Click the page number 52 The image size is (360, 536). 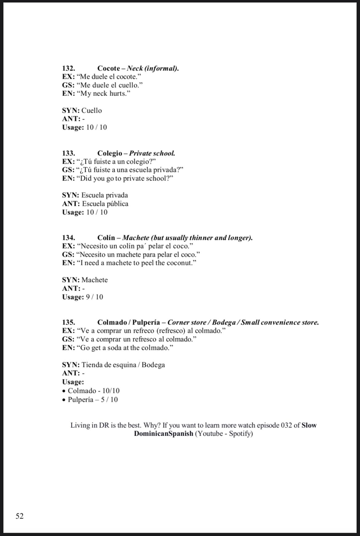20,516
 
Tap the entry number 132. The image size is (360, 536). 69,68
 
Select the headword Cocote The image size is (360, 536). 109,68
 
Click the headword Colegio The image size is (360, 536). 110,153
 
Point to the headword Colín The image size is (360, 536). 106,238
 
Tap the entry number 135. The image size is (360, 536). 69,322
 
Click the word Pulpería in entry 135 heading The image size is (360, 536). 146,322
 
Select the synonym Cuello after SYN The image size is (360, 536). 92,111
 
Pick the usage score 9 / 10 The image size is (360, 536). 95,297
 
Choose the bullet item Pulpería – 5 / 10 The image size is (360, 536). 93,400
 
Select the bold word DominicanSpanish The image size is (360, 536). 164,434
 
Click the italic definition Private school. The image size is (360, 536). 152,153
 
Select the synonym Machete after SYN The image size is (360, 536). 95,280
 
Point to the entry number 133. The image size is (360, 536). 69,153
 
